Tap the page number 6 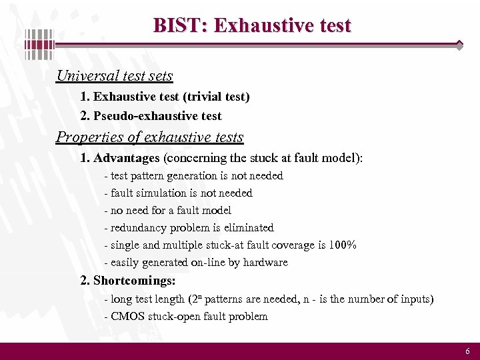click(x=467, y=351)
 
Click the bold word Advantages click(x=127, y=158)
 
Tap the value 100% click(x=343, y=245)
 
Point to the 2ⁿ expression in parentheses click(x=197, y=299)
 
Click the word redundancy click(x=138, y=227)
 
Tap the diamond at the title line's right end click(x=459, y=45)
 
